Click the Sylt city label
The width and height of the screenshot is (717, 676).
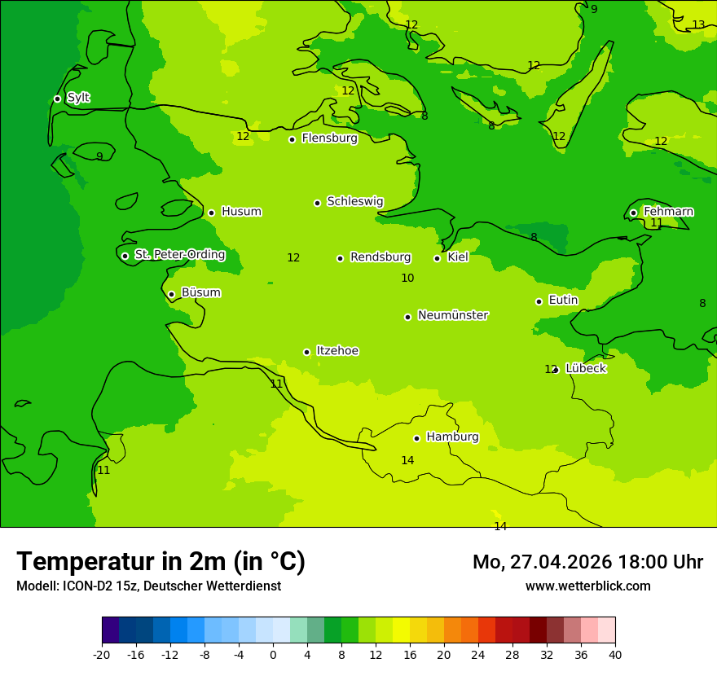coord(78,98)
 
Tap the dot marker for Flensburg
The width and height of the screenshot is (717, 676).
coord(292,139)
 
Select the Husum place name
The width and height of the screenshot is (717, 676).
coord(241,212)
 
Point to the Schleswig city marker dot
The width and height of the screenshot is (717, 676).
coord(317,203)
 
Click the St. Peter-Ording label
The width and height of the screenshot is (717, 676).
coord(179,255)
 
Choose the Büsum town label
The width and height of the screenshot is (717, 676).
coord(200,292)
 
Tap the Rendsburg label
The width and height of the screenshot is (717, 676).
coord(380,257)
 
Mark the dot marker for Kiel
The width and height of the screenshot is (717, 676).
coord(437,258)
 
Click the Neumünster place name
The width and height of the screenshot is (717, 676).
coord(453,315)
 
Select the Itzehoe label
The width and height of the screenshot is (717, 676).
coord(337,351)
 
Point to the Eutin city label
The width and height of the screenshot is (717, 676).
coord(563,301)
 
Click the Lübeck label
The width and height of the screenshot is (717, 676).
coord(585,368)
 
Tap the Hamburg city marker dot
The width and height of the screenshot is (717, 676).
coord(416,438)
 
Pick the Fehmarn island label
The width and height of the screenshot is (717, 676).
coord(668,212)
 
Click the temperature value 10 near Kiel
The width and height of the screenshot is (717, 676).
coord(407,279)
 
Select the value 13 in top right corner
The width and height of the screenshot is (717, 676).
coord(698,25)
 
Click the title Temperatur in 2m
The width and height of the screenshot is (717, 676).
coord(161,561)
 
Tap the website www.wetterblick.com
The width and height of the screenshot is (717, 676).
coord(587,586)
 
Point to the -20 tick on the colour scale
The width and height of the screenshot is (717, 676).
coord(102,655)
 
